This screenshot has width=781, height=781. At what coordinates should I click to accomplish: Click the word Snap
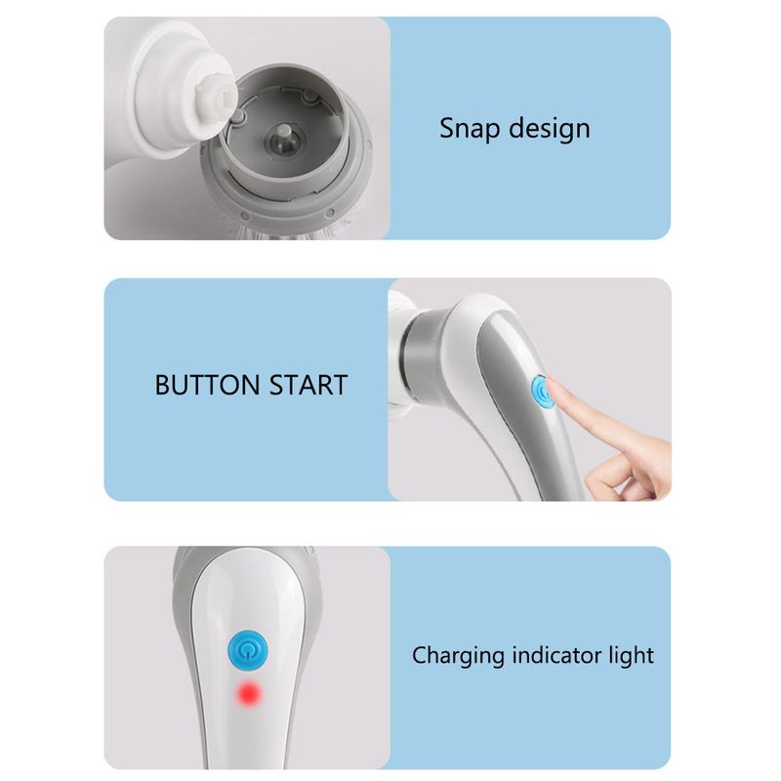coord(470,129)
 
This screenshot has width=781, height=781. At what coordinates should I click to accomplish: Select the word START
coord(308,385)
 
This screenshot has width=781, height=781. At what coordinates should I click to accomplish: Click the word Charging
coord(458,656)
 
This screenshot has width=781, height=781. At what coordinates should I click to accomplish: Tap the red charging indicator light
coord(249,693)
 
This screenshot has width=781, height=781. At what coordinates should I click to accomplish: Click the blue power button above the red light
coord(248,650)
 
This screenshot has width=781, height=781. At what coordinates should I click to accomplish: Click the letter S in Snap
coord(448,129)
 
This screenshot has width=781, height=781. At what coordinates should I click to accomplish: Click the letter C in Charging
coord(422,655)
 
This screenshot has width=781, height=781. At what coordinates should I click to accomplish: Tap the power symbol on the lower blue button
coord(248,650)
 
